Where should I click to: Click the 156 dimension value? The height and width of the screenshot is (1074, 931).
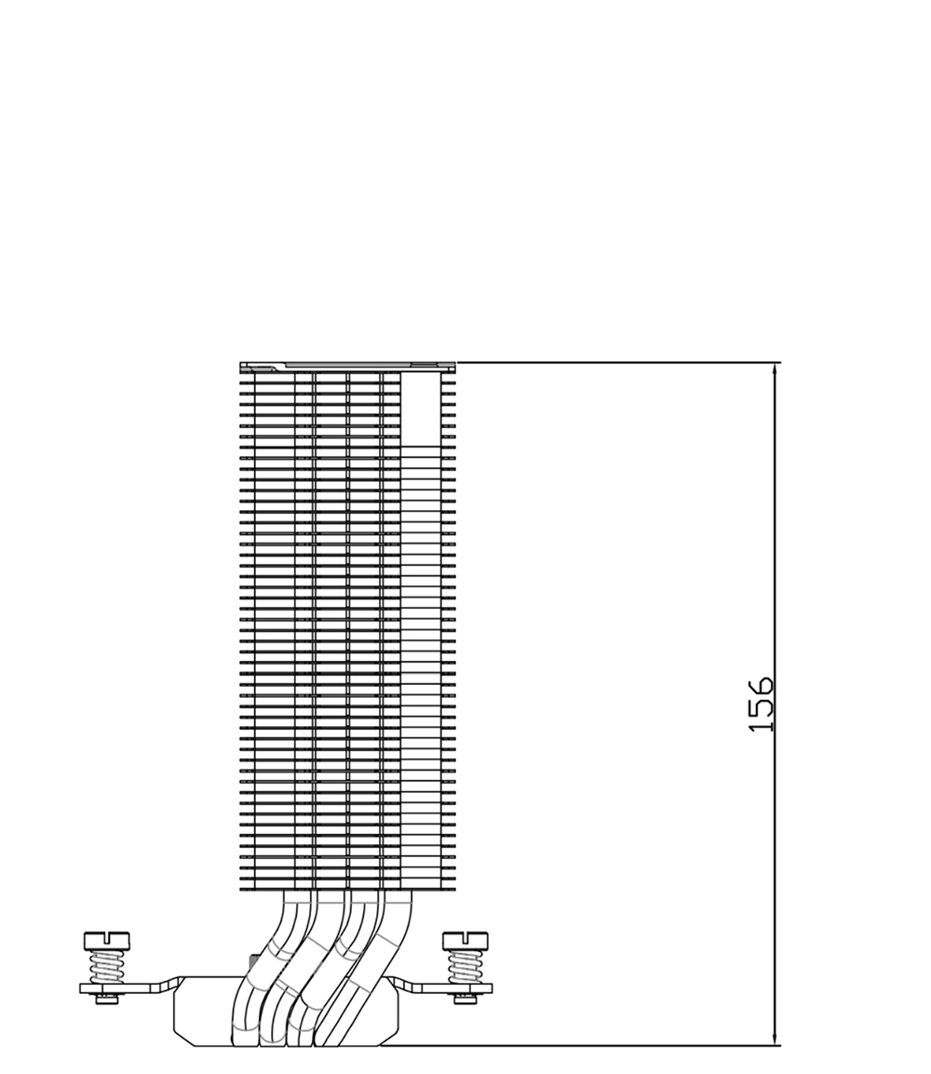point(761,705)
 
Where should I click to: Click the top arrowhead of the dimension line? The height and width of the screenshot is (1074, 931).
point(775,374)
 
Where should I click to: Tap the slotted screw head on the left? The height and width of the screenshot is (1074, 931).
point(106,940)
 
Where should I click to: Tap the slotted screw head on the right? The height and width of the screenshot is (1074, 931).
point(465,940)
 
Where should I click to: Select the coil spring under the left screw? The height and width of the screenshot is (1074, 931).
point(106,967)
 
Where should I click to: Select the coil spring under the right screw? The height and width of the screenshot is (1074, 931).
point(465,967)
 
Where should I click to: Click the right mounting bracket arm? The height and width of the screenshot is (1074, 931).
point(444,987)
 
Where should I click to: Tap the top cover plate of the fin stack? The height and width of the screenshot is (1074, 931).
point(347,367)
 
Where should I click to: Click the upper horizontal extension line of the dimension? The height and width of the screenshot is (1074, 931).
point(618,362)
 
